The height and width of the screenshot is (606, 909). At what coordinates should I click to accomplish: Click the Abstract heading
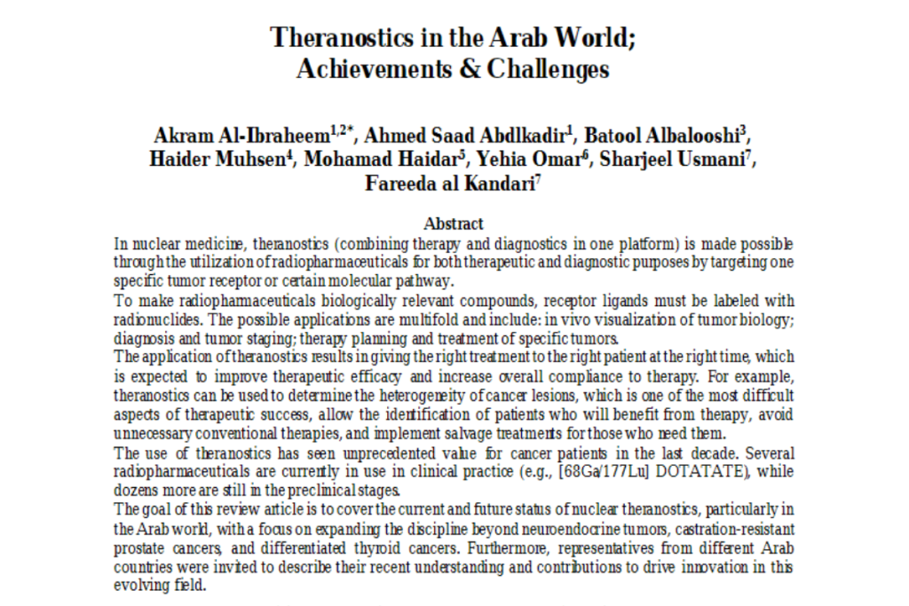(454, 224)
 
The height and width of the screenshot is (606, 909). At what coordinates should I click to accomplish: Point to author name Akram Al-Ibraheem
(241, 138)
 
